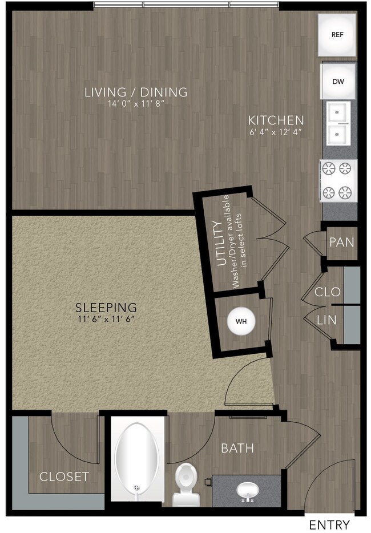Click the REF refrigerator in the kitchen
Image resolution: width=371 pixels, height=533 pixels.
[338, 34]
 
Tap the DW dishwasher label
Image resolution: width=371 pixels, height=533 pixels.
[338, 82]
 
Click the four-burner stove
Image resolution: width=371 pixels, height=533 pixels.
[338, 180]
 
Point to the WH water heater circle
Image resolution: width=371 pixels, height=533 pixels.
[241, 321]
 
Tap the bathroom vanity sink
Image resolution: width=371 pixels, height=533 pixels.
[247, 490]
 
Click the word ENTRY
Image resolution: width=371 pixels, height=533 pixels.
[329, 524]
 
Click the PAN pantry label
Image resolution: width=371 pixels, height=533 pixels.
[342, 242]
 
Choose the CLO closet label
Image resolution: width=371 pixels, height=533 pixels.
[328, 292]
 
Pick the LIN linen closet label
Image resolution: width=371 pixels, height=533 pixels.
[327, 321]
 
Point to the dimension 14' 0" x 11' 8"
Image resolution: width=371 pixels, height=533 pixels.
[135, 104]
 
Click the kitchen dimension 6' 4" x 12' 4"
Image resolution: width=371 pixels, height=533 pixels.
[275, 132]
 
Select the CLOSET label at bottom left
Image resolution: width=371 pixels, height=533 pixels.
[64, 477]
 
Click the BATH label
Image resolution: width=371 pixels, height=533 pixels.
[237, 449]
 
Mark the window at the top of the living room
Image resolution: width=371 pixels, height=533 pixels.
[186, 6]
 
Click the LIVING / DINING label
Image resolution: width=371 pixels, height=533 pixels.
[135, 91]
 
